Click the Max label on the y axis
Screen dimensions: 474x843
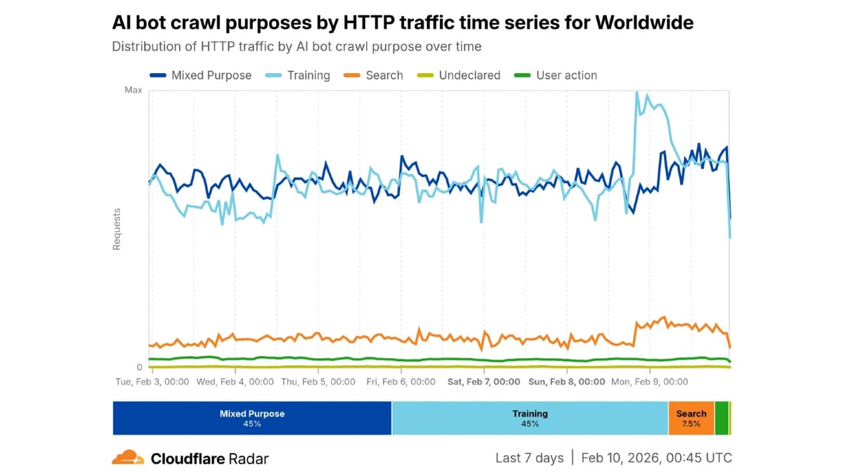[x=133, y=90]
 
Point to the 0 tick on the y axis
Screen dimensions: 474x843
[x=139, y=367]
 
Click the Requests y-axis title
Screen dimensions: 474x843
[x=117, y=229]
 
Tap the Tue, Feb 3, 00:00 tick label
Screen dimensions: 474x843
[x=152, y=382]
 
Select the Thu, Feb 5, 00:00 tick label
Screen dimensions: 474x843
[x=318, y=382]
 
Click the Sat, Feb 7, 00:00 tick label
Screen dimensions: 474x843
[x=484, y=382]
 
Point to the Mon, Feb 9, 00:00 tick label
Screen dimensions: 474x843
[x=651, y=382]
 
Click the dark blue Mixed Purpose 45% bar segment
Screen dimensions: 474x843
[x=252, y=419]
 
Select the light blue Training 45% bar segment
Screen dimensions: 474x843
[x=530, y=419]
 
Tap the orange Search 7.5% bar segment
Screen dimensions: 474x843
[x=691, y=419]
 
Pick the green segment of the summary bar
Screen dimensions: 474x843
[x=721, y=419]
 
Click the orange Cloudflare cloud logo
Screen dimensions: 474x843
[x=128, y=458]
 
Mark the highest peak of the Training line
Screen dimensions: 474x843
[x=636, y=92]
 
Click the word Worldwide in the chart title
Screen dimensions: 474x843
[x=644, y=22]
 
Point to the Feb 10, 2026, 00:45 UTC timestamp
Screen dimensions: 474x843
[x=656, y=458]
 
